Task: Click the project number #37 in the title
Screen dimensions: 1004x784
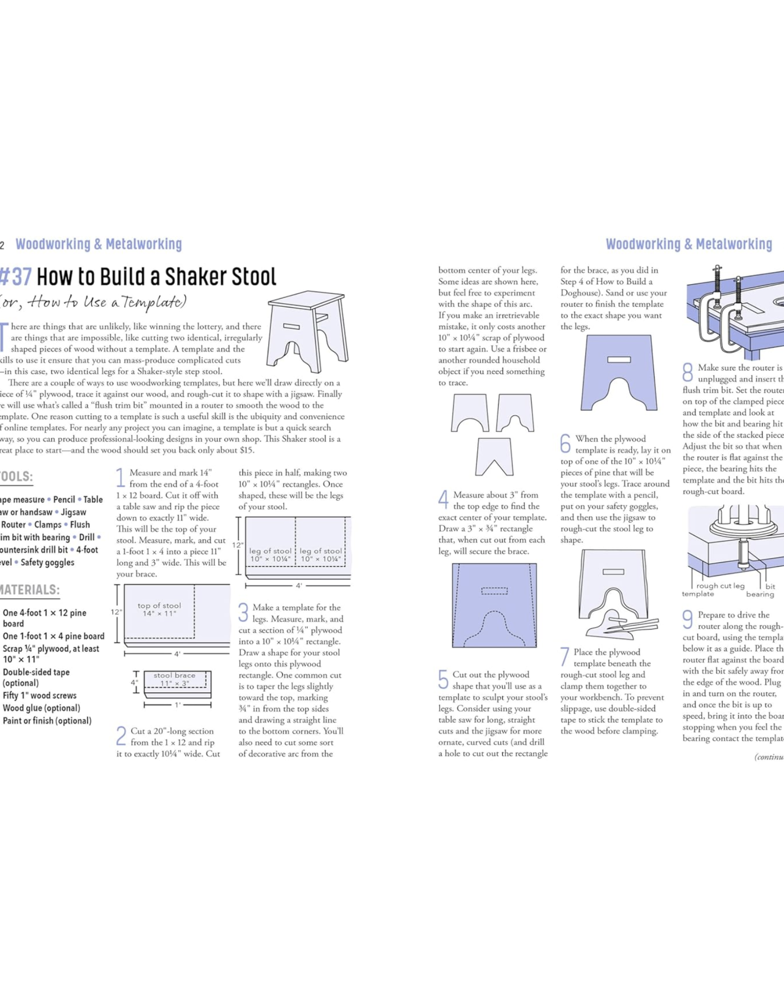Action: (16, 277)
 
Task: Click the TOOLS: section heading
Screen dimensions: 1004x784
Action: (16, 477)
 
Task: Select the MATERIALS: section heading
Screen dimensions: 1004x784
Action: (29, 590)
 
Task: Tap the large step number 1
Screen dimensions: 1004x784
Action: (121, 477)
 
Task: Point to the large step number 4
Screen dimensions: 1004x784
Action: (443, 500)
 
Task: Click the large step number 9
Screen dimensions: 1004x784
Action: (688, 619)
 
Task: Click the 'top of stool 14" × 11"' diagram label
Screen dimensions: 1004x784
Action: (159, 609)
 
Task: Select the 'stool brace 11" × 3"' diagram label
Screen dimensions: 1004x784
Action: (174, 679)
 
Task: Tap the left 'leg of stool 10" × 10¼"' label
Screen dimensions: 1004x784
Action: (270, 555)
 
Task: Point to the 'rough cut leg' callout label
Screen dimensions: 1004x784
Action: (720, 586)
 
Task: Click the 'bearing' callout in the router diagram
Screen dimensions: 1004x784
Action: (760, 595)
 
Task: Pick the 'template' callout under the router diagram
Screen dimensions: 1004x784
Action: (698, 594)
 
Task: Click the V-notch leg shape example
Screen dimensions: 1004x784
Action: (494, 457)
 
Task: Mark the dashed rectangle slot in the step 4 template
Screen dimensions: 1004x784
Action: (494, 591)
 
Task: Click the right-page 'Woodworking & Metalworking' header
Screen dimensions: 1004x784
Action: (689, 244)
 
